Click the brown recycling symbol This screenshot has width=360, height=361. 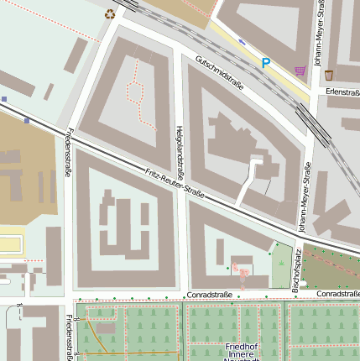pos(110,13)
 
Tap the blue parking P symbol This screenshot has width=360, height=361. pos(266,63)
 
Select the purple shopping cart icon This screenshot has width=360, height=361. pos(300,71)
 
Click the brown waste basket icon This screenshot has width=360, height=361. pos(329,75)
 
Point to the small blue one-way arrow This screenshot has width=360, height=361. pos(243,41)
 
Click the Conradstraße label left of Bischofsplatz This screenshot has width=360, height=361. pos(209,296)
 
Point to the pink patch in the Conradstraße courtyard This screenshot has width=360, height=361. pos(241,272)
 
